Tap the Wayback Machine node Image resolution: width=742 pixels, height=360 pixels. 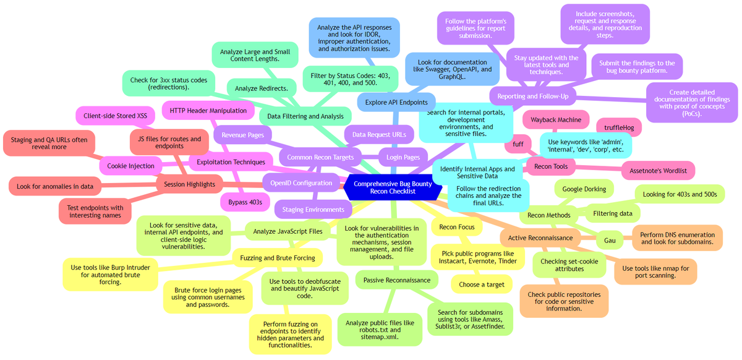(552, 119)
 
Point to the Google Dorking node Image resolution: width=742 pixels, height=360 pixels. (584, 189)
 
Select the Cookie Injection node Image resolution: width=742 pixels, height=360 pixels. (130, 166)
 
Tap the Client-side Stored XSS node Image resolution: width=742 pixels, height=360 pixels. (116, 116)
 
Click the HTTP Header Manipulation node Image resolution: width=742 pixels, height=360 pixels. (204, 111)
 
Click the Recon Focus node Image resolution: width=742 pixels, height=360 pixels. (456, 227)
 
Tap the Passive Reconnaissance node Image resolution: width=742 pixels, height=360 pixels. (397, 280)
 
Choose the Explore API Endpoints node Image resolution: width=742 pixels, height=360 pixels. (397, 102)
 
